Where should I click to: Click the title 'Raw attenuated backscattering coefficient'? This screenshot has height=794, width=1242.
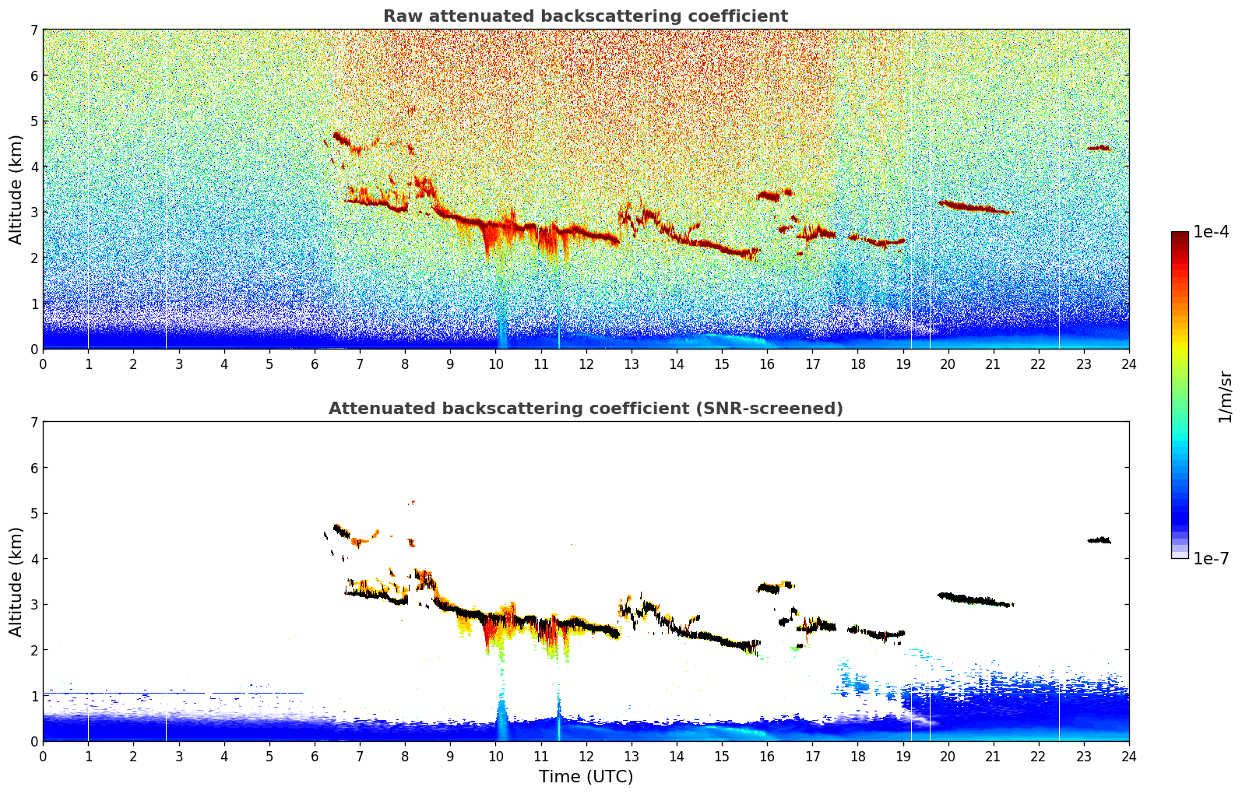point(586,16)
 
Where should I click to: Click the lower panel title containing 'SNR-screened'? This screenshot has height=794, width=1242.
point(586,409)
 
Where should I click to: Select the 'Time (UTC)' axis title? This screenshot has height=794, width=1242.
point(586,777)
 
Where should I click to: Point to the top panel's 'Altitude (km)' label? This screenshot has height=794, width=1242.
point(16,190)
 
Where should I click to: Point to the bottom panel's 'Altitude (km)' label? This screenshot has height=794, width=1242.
point(16,581)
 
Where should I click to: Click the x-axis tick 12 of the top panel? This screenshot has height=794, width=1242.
point(586,364)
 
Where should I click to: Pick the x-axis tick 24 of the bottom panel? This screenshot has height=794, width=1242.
point(1129,757)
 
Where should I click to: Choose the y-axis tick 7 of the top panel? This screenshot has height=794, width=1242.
point(34,30)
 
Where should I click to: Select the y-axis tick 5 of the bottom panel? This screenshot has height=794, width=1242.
point(34,514)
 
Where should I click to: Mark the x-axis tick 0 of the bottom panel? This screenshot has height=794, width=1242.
point(44,757)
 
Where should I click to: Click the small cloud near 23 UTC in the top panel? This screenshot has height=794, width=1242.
point(1099,148)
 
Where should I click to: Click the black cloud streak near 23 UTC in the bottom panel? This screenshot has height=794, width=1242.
point(1099,540)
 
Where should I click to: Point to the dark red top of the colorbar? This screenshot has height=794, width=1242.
point(1180,237)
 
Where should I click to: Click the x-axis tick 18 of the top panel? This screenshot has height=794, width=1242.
point(858,364)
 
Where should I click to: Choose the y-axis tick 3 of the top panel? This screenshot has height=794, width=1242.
point(34,213)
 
